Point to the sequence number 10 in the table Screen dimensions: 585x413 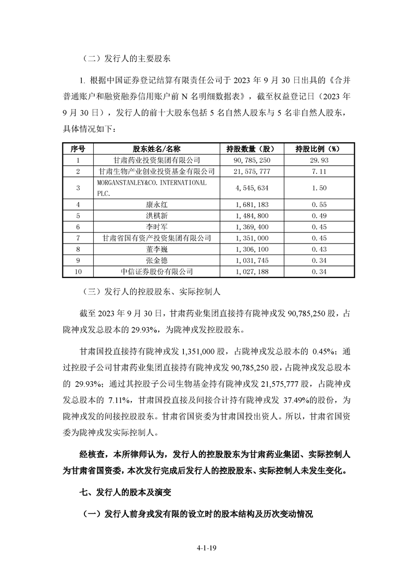[78, 271]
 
